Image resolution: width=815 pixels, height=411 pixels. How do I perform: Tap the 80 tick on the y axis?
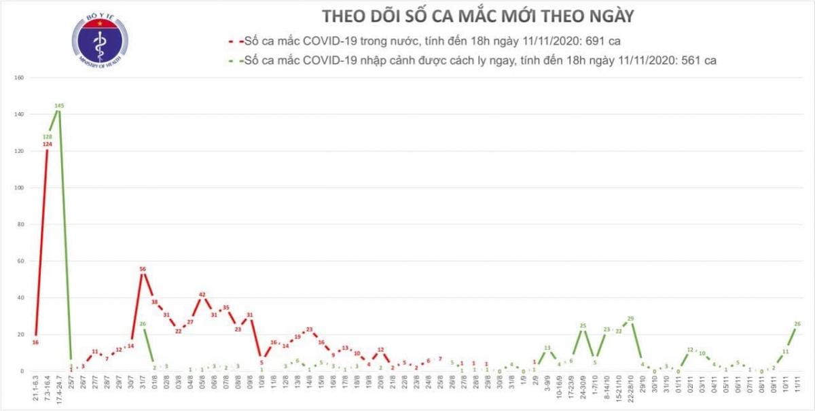[x=20, y=224]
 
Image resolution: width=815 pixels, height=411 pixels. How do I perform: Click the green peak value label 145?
[x=59, y=105]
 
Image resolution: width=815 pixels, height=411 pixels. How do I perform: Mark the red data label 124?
[x=47, y=143]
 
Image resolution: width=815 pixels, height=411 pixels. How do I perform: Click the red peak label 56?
[x=143, y=269]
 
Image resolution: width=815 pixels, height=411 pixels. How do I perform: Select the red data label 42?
[x=202, y=295]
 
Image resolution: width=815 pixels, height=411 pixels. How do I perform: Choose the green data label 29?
[x=630, y=318]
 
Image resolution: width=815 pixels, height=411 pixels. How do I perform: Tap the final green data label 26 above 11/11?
[x=797, y=323]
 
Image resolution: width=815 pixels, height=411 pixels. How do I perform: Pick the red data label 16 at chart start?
[x=35, y=342]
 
